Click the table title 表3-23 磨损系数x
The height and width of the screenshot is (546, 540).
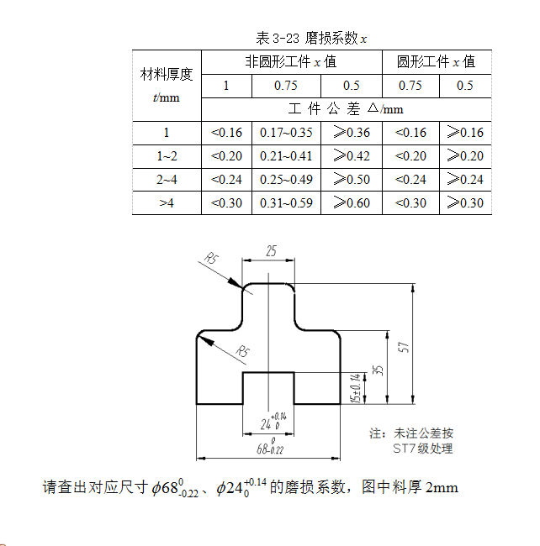tap(312, 38)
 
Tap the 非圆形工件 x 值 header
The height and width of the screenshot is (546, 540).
tap(290, 61)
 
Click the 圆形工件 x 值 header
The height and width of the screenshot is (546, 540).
tap(436, 61)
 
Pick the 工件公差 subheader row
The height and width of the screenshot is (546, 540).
tap(346, 109)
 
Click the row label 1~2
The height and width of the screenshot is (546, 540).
tap(167, 155)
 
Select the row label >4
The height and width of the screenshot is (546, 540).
tap(167, 202)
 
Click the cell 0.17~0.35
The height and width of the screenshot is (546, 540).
tap(286, 133)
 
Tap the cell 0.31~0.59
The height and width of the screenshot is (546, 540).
tap(286, 202)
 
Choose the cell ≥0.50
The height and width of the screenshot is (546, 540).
tap(352, 179)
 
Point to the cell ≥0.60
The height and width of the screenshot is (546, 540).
tap(352, 202)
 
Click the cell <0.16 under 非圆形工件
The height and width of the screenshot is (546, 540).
tap(226, 133)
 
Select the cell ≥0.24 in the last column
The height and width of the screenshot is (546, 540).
tap(464, 179)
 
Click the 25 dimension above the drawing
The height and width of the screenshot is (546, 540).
tap(271, 251)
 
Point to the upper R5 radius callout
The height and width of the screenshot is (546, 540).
tap(211, 260)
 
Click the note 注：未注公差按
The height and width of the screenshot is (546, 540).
tap(411, 433)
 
